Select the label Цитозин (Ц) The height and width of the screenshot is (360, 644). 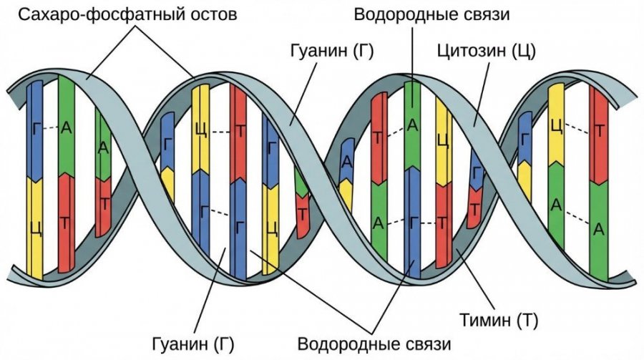pos(487,52)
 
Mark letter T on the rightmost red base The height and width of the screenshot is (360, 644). pos(599,129)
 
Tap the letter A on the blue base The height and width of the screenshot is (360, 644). pos(346,160)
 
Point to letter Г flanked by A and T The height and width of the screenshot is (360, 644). pos(413,223)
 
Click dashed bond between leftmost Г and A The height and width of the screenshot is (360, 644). pos(50,129)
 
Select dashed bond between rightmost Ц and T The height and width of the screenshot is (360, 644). pos(577,129)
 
